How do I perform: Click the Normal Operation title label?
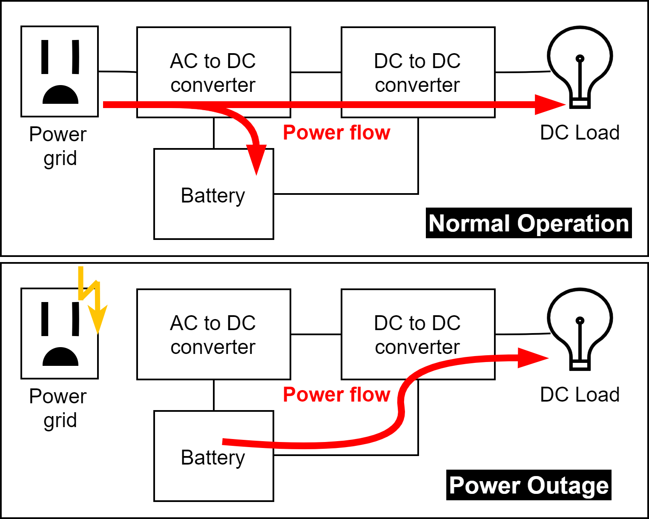[528, 223]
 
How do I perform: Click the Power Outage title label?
[528, 485]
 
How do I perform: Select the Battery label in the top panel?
[213, 196]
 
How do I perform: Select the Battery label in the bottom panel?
[213, 458]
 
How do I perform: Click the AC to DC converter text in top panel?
[213, 73]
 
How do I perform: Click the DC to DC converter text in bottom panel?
[417, 335]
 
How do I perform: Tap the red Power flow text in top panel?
[336, 132]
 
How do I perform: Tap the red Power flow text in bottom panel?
[336, 394]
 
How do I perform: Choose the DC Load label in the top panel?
[580, 132]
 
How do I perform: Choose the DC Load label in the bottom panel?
[580, 394]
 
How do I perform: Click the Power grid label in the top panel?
[58, 146]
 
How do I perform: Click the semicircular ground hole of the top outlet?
[60, 96]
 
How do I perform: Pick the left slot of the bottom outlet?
[45, 319]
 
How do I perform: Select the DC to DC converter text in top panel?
[417, 73]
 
